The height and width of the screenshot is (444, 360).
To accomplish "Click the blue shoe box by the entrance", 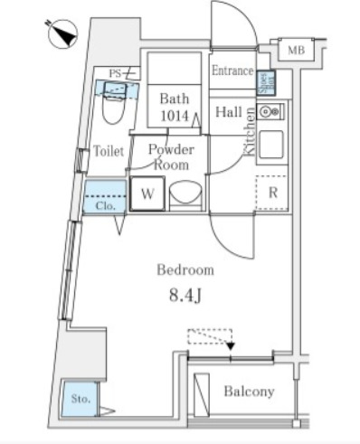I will pos(266,82).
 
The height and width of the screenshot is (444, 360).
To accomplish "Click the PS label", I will pos(115,72).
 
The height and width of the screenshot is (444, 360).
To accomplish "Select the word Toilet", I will pos(109,152).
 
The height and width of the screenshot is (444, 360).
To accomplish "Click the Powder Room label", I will pos(171,157).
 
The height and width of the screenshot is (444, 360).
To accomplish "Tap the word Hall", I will pos(227,112).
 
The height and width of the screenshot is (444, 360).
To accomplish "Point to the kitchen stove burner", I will pos(268,113).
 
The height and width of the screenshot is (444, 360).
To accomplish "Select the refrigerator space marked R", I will pos(271,194).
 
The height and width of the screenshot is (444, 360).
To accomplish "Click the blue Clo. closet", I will pos(105,199).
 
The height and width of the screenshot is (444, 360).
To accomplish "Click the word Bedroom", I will pos(185,269).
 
